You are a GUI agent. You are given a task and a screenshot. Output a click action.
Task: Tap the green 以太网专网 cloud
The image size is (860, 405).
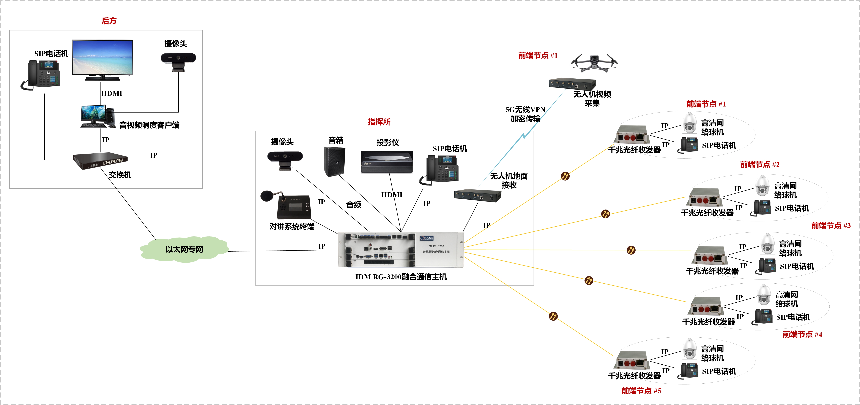pos(184,249)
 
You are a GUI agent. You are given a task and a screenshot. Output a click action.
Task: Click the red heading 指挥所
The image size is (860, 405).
pos(379,122)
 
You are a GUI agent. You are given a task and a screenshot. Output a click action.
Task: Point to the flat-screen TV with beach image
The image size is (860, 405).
pos(102,59)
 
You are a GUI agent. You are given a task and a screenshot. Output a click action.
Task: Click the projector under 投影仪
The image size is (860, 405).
pos(387,162)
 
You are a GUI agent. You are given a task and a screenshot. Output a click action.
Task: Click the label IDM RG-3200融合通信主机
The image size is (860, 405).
pos(401,277)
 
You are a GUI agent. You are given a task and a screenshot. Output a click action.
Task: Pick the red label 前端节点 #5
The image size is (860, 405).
pos(641,391)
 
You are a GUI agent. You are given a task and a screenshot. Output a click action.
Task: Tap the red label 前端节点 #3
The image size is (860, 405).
pos(831,226)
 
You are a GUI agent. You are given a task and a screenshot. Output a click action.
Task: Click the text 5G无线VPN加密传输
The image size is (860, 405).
pos(525,114)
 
